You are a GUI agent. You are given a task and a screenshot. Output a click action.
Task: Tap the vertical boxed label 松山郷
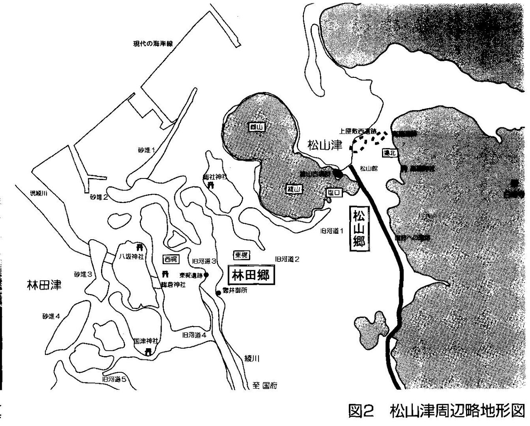pos(358,228)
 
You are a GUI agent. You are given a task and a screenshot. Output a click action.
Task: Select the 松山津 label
pos(324,145)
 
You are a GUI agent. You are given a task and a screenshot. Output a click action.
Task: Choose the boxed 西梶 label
pos(171,259)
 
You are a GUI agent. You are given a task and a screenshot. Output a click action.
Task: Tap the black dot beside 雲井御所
pos(218,293)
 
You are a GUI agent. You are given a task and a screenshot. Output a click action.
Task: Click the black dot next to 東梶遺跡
pos(206,275)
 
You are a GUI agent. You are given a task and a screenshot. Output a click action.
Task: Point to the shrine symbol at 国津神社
pos(148,352)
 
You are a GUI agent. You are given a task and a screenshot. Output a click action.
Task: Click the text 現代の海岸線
pos(151,44)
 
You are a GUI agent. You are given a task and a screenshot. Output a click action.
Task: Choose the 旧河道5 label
pos(114,379)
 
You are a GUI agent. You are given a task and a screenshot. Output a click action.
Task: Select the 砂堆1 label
pos(146,150)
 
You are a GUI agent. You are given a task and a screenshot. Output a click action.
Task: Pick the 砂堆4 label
pos(51,316)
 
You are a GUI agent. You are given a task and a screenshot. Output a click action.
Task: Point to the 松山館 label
pos(368,168)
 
